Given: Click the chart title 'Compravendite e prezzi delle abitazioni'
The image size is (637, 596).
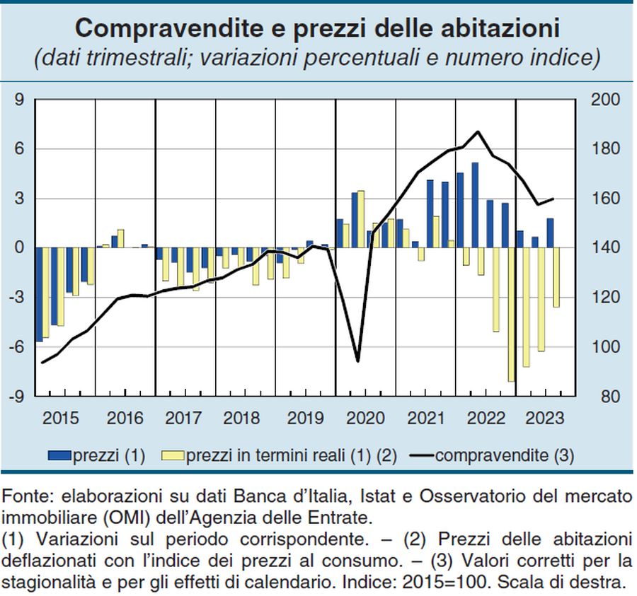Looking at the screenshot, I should coord(318,28).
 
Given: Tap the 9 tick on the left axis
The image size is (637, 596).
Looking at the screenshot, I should coord(19,100).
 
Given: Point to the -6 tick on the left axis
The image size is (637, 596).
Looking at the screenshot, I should coord(16,347).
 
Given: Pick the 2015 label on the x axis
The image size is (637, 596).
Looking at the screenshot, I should coord(62,417).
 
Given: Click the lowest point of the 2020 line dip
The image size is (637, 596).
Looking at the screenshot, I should coord(357,361).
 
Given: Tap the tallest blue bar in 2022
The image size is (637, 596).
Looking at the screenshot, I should coord(474,205).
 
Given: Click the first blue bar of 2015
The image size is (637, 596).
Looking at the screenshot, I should coord(39,294).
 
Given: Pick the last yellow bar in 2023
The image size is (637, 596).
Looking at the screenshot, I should coord(556,277).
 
